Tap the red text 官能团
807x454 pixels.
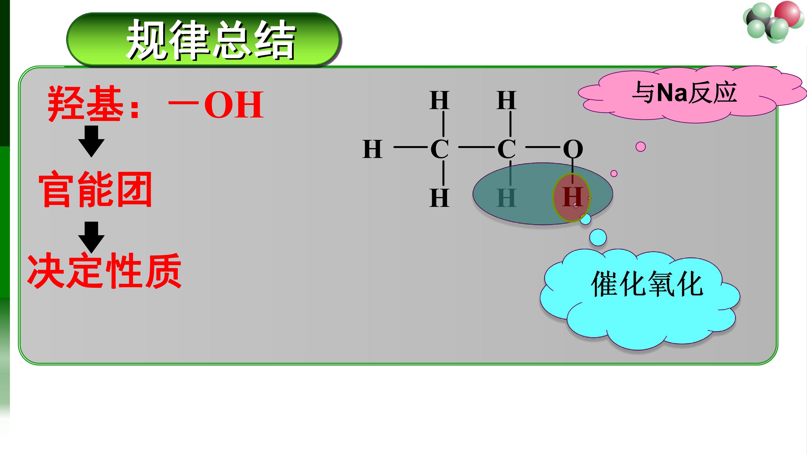[95, 189]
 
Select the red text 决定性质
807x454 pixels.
[105, 270]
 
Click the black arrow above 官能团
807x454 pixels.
[91, 141]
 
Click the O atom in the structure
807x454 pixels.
[573, 149]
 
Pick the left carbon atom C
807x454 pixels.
[440, 149]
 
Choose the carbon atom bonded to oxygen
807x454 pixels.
[507, 149]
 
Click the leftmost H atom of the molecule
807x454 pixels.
[372, 149]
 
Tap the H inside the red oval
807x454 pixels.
[573, 197]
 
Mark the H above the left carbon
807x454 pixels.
[440, 100]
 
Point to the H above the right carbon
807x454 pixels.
[507, 100]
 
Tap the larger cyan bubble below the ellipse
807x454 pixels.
[598, 237]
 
